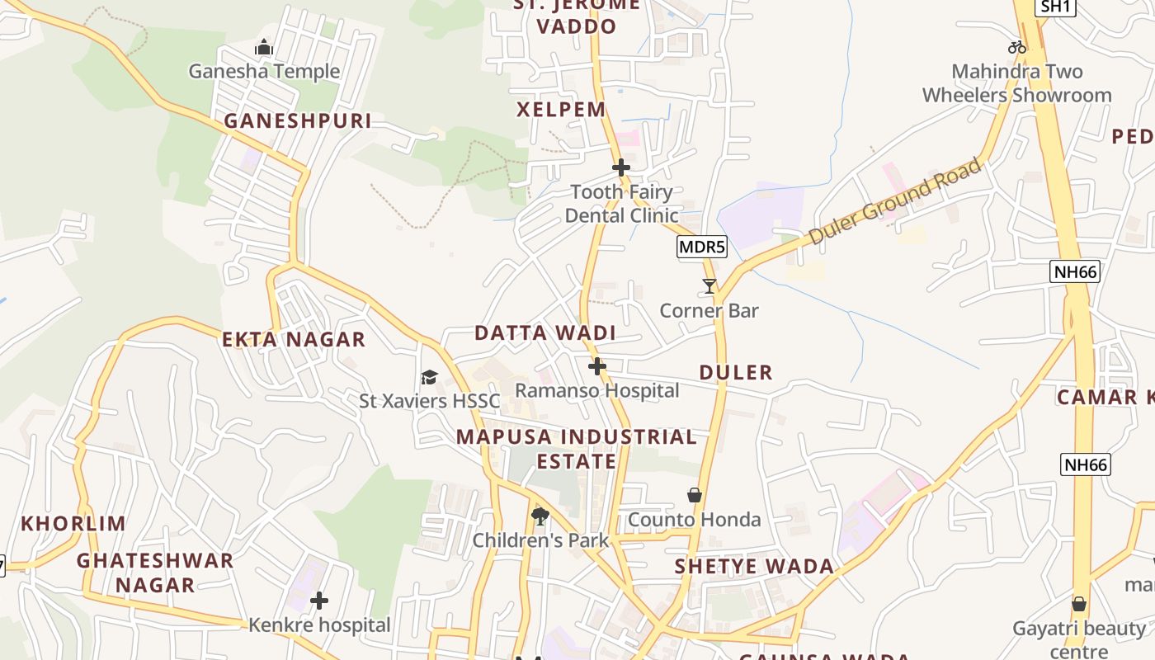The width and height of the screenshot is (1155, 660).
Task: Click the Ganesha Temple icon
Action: pos(264,48)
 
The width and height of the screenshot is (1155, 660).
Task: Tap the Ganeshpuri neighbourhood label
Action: pos(298,120)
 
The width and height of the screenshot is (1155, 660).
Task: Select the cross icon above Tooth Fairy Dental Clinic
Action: pos(621,167)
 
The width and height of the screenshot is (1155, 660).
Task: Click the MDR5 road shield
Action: pos(702,247)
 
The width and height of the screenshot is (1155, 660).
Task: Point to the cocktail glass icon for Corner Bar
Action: pos(709,286)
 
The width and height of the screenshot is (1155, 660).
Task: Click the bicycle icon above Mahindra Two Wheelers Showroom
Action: pos(1017,47)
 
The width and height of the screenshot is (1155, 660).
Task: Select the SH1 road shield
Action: pos(1056,7)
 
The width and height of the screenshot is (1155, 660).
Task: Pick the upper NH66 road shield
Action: pos(1076,271)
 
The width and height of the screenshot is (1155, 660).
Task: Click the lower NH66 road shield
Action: pos(1086,464)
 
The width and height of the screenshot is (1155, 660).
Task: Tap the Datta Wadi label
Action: pos(545,333)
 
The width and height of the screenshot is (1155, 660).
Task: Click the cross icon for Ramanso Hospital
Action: pos(597,366)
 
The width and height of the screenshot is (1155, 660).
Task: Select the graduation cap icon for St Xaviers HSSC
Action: pos(429,378)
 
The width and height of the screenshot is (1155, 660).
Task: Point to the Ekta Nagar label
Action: pos(294,339)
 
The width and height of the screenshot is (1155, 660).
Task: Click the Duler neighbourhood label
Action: pos(736,372)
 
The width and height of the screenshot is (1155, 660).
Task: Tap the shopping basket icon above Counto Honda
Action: pos(695,495)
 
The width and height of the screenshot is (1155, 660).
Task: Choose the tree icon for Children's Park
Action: pos(540,516)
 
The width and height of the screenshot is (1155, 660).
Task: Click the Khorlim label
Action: pos(73,523)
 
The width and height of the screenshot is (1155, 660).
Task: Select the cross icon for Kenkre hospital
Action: pos(319,601)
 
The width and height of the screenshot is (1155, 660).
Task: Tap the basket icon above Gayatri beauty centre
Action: pos(1079,604)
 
